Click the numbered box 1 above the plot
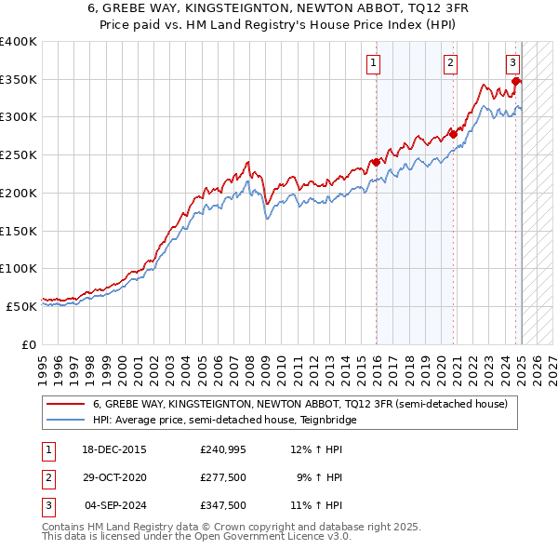373,63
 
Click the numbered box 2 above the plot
450,63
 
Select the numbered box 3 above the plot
512,63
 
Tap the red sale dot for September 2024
516,81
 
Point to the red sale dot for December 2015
377,162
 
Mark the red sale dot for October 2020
454,134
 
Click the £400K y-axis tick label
19,42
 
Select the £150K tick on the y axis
19,231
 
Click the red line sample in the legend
65,405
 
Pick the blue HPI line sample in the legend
65,420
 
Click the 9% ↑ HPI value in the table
319,477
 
